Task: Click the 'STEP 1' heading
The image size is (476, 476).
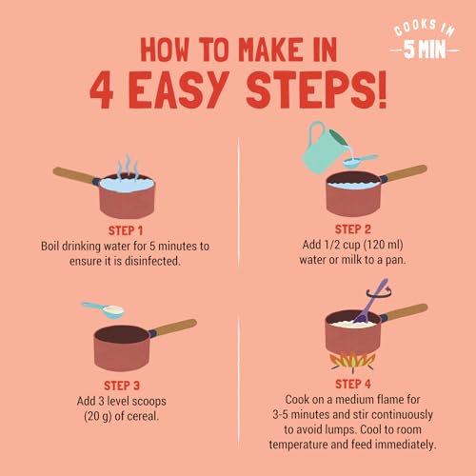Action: click(126, 230)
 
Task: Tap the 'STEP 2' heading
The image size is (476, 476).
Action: click(353, 229)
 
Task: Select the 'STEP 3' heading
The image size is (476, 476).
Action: click(122, 386)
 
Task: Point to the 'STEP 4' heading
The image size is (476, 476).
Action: click(353, 384)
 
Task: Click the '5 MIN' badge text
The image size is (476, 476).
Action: click(425, 50)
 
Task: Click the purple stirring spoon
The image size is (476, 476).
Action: click(369, 301)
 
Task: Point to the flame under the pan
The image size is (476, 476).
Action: click(352, 362)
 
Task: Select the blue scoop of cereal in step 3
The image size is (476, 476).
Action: click(104, 309)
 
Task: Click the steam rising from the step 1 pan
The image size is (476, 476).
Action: click(128, 167)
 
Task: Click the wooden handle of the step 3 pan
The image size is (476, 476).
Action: click(174, 327)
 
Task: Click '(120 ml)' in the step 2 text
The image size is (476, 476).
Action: click(383, 245)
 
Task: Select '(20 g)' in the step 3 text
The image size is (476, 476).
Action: click(97, 416)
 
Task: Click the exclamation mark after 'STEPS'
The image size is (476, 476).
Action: click(383, 89)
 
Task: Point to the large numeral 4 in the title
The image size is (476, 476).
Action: click(102, 89)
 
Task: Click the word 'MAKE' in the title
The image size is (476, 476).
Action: click(270, 50)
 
